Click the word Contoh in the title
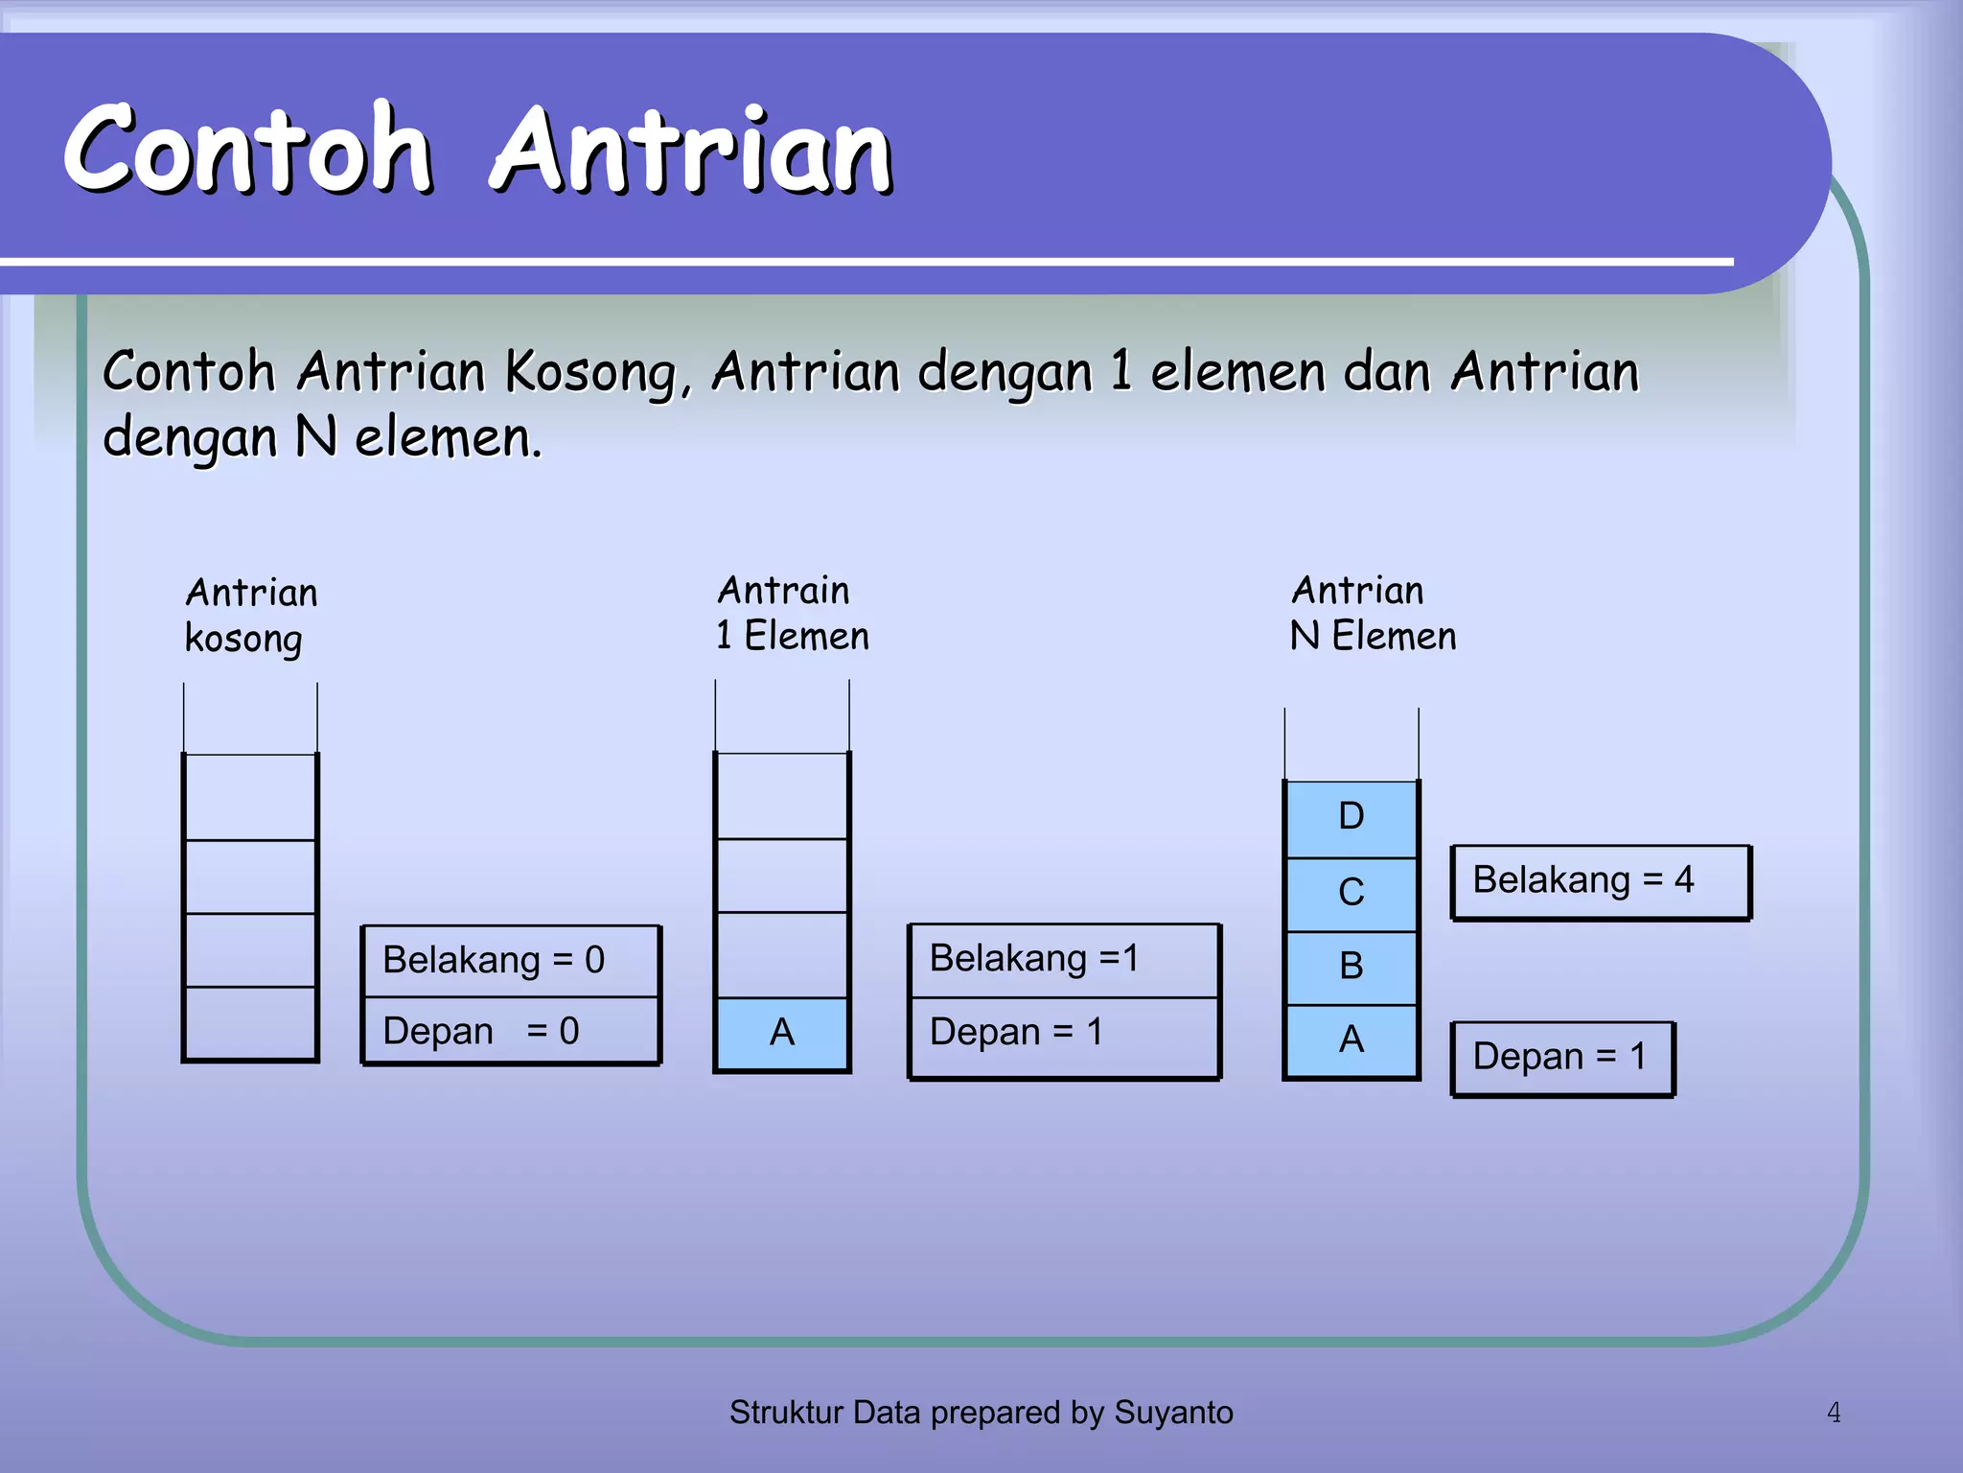coord(247,150)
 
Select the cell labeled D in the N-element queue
coord(1351,818)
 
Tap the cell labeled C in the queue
coord(1351,894)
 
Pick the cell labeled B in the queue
coord(1351,967)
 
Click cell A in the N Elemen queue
coord(1351,1040)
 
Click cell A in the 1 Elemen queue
coord(782,1034)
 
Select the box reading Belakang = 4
coord(1600,881)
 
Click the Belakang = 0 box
coord(510,961)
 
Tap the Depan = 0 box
coord(510,1032)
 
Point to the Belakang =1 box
coord(1063,959)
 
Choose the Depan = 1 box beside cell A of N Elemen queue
coord(1561,1058)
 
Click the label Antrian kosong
coord(250,616)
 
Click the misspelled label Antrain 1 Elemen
coord(792,614)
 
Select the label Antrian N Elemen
coord(1372,614)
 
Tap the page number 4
coord(1833,1413)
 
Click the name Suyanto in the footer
coord(1173,1413)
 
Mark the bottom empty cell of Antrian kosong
coord(250,1022)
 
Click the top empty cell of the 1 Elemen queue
coord(782,796)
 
